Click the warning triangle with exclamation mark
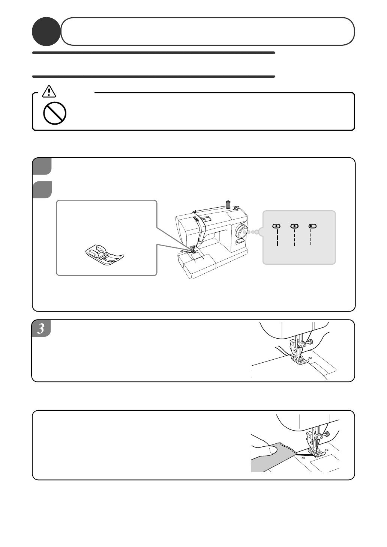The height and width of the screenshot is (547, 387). [x=49, y=91]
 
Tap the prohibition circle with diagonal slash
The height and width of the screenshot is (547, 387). [x=55, y=113]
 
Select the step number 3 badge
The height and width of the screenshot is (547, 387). [x=41, y=328]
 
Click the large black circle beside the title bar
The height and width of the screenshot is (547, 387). [x=46, y=32]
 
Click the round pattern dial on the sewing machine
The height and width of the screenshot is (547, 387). [x=240, y=231]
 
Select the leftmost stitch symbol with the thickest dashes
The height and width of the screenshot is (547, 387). [x=276, y=235]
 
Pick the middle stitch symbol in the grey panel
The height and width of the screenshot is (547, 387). [x=295, y=235]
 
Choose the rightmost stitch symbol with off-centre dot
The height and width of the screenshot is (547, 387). [x=312, y=234]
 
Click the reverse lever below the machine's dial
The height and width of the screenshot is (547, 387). [x=239, y=241]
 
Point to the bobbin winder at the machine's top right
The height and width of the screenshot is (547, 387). [x=235, y=208]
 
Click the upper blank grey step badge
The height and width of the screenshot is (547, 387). [x=42, y=166]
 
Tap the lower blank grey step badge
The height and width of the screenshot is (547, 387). [x=42, y=190]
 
